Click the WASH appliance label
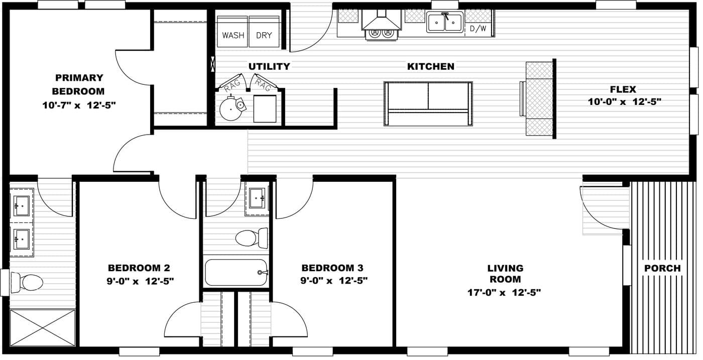pyautogui.click(x=233, y=35)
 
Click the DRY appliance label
pyautogui.click(x=264, y=35)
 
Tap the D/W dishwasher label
pyautogui.click(x=478, y=29)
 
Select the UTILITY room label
pyautogui.click(x=269, y=66)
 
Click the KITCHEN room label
pyautogui.click(x=430, y=66)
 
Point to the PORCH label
pyautogui.click(x=662, y=268)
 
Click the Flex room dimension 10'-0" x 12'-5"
pyautogui.click(x=624, y=101)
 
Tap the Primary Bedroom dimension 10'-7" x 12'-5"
pyautogui.click(x=79, y=104)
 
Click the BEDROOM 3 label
pyautogui.click(x=332, y=268)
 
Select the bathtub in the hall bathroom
pyautogui.click(x=236, y=273)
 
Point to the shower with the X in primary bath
pyautogui.click(x=42, y=327)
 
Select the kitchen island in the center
pyautogui.click(x=428, y=103)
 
